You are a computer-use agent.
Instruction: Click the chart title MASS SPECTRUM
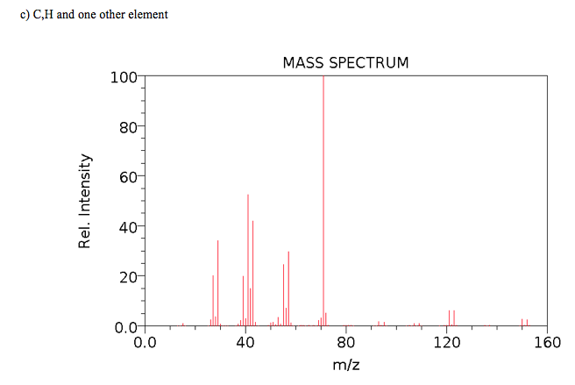click(345, 64)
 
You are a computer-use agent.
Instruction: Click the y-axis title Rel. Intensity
click(85, 201)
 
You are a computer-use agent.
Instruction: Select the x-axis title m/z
click(345, 364)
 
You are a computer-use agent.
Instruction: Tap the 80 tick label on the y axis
click(128, 127)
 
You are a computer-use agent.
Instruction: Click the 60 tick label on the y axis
click(128, 177)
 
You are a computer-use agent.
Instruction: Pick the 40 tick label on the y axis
click(128, 227)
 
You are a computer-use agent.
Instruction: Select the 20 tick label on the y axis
click(128, 277)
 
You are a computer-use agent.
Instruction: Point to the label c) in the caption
click(25, 15)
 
